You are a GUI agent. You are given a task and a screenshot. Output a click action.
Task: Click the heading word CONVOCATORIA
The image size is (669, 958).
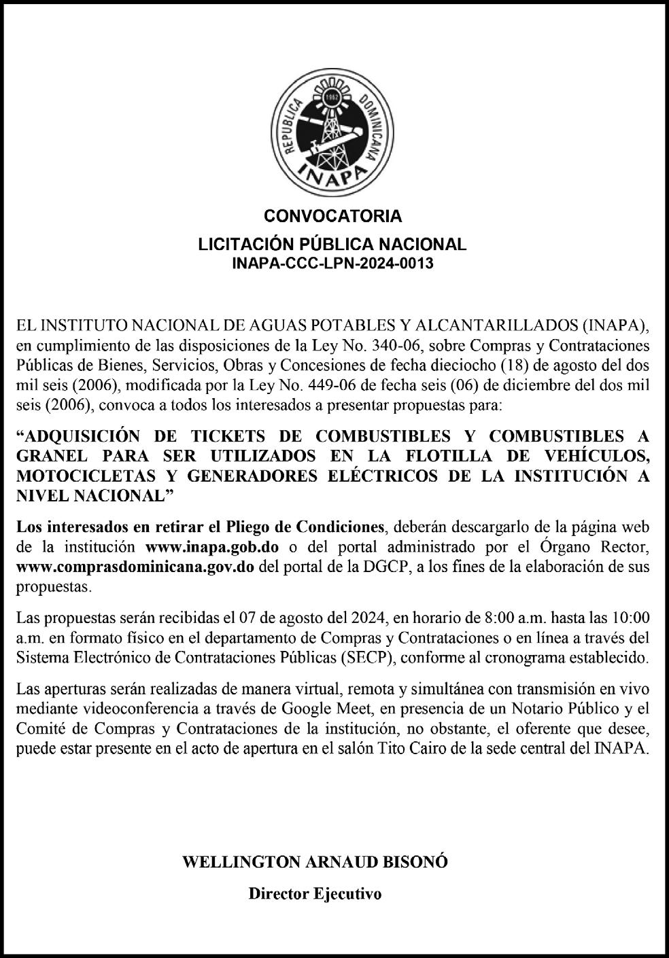pyautogui.click(x=333, y=217)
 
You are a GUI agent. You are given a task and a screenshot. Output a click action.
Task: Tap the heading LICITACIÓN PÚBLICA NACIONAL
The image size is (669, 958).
pyautogui.click(x=333, y=244)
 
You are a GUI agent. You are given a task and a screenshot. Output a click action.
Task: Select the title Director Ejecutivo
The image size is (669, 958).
pyautogui.click(x=315, y=893)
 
